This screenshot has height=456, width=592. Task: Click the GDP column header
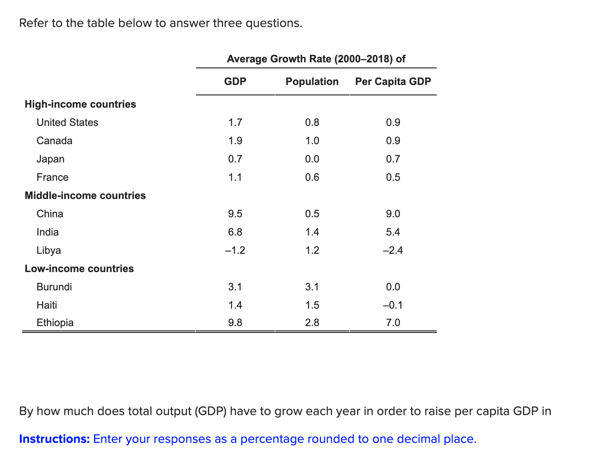pos(235,81)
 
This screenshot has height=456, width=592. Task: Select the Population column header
pos(312,81)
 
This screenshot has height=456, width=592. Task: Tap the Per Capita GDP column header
pos(393,81)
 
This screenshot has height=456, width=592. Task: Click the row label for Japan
pos(50,159)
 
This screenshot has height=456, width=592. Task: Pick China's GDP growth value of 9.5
pos(235,214)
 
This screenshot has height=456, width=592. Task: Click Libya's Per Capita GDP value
pos(393,250)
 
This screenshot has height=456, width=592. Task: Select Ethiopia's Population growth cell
pos(312,323)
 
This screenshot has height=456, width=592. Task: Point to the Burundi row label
pos(54,287)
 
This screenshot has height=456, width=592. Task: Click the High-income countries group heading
pos(80,104)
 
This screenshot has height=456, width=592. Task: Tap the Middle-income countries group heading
pos(85,195)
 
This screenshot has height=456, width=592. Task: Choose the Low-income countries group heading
pos(79,269)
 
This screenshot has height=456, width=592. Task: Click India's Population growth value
pos(312,232)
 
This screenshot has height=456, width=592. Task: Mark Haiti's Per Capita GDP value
pos(393,305)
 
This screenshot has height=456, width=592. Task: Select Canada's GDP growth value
pos(235,141)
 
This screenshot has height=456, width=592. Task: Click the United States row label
pos(67,122)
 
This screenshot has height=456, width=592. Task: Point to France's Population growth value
pos(312,177)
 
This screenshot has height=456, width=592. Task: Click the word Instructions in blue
pos(55,439)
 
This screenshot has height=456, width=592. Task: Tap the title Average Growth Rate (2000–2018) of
pos(316,59)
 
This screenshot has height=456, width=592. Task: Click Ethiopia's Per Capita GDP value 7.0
pos(393,323)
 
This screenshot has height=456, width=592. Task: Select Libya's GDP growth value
pos(235,250)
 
